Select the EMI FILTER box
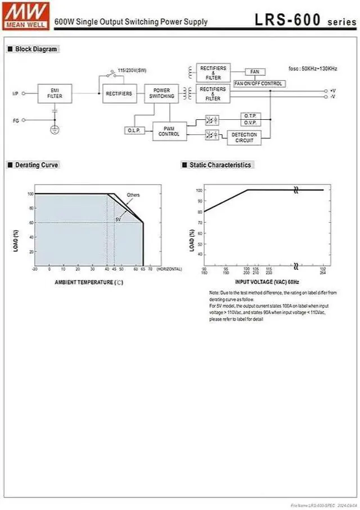click(x=55, y=93)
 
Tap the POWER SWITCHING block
click(x=161, y=93)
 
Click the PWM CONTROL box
click(x=169, y=131)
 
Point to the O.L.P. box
click(x=134, y=130)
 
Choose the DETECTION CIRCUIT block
click(x=244, y=138)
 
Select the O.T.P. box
click(x=249, y=115)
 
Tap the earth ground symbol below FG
click(x=55, y=129)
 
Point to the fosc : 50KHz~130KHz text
click(x=313, y=69)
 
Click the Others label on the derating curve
click(x=133, y=195)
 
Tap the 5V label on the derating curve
click(x=118, y=219)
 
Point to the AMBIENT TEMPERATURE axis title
click(x=89, y=282)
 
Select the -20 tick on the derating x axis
click(x=35, y=270)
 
